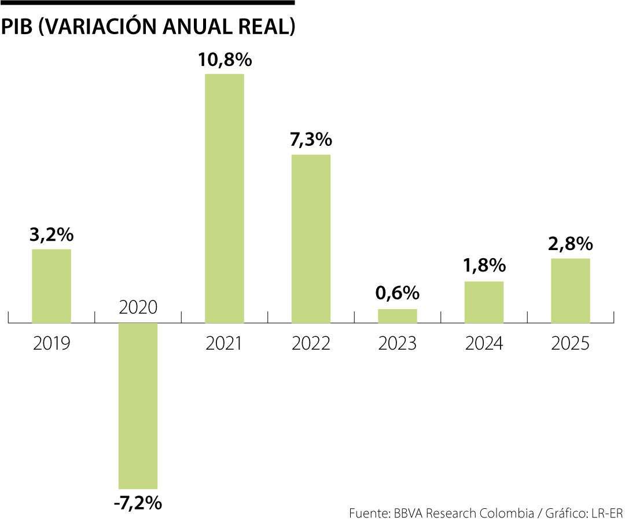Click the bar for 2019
(51, 286)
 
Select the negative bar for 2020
(138, 406)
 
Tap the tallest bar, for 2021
(225, 198)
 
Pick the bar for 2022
(311, 239)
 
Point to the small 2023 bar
(398, 315)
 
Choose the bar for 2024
(484, 302)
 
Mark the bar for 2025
(571, 290)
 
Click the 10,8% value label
(225, 60)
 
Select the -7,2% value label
(137, 502)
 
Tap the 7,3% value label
(311, 140)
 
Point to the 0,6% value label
(398, 293)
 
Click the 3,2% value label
(52, 235)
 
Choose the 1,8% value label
(484, 266)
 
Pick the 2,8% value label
(571, 243)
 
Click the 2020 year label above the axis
(138, 307)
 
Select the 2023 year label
(398, 343)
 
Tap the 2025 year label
(571, 343)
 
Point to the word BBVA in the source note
(409, 513)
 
